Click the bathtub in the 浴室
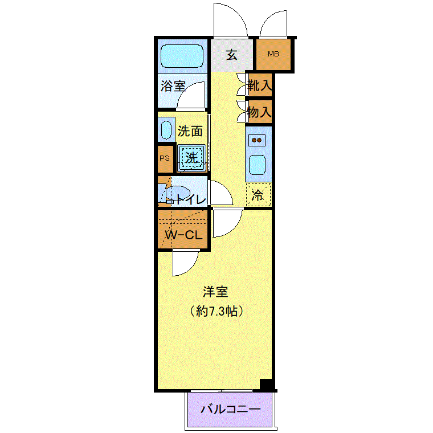(x=182, y=56)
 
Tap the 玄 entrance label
(x=231, y=55)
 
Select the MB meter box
(x=273, y=54)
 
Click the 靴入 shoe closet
(x=259, y=85)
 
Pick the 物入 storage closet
(x=259, y=112)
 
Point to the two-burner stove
(x=257, y=140)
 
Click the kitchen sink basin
(x=257, y=165)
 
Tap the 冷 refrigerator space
(x=258, y=194)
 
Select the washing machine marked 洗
(x=191, y=158)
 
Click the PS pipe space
(x=165, y=159)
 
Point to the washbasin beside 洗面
(x=166, y=130)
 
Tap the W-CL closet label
(x=184, y=235)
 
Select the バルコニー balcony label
(x=230, y=409)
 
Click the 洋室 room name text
(x=215, y=292)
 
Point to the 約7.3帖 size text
(x=217, y=311)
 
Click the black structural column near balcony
(x=266, y=385)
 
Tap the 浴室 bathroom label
(x=173, y=86)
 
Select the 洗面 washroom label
(x=190, y=131)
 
